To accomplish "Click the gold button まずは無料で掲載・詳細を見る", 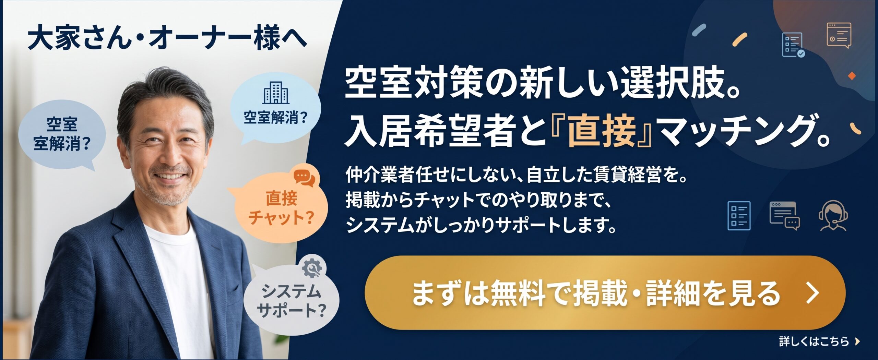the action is click(x=605, y=293).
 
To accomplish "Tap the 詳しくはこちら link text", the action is click(x=814, y=341).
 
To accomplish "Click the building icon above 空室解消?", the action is click(x=276, y=93).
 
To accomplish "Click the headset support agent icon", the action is click(x=833, y=216).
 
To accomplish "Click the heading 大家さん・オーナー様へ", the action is click(x=167, y=38).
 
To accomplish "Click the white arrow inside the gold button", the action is click(x=813, y=293).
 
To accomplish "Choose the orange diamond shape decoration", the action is click(x=852, y=76).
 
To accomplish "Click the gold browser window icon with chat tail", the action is click(x=839, y=35).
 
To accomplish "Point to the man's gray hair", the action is click(x=161, y=93).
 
